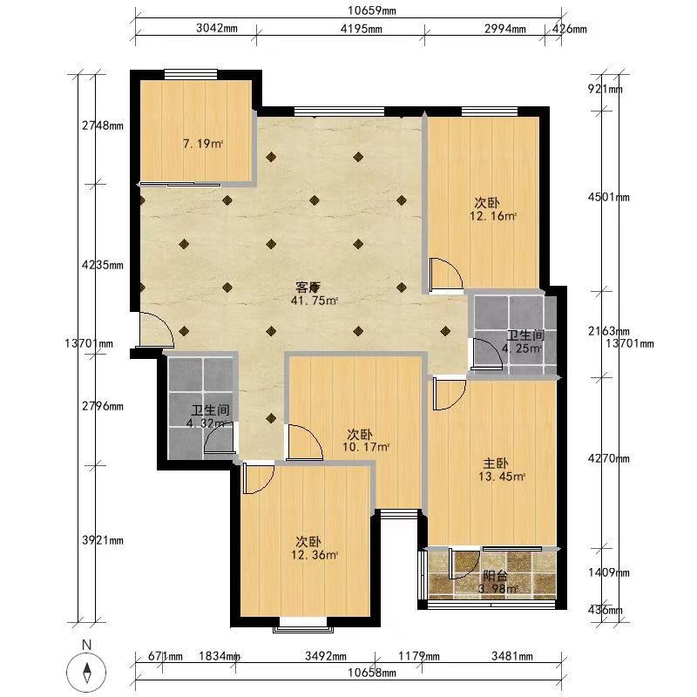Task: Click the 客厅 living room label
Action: (x=308, y=288)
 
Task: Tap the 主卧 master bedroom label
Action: (x=496, y=464)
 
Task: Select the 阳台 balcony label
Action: (x=495, y=576)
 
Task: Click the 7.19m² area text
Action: (x=203, y=144)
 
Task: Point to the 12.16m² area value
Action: (x=493, y=216)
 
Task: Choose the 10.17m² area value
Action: (x=366, y=447)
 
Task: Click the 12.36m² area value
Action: (x=315, y=555)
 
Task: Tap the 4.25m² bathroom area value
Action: (x=522, y=348)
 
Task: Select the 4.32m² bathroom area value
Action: (x=207, y=423)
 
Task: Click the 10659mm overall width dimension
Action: (x=372, y=10)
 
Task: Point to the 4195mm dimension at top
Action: (x=361, y=29)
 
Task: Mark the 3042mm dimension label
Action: (x=217, y=29)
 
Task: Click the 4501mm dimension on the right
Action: (x=608, y=197)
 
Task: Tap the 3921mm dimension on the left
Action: (x=103, y=540)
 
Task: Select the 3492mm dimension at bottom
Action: (x=326, y=656)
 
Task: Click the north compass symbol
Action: (x=86, y=671)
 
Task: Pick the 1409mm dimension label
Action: (x=608, y=572)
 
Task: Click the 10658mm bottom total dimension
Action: (x=372, y=673)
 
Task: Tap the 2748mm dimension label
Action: (x=103, y=125)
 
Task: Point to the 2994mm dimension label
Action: (x=505, y=29)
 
